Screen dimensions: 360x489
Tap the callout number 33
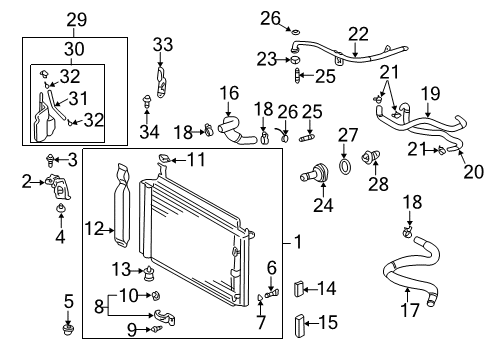click(162, 44)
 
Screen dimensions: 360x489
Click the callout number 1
click(299, 241)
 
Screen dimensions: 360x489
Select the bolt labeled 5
click(68, 327)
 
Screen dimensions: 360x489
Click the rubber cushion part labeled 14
click(297, 290)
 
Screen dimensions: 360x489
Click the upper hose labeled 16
click(231, 127)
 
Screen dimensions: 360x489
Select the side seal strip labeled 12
click(123, 205)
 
